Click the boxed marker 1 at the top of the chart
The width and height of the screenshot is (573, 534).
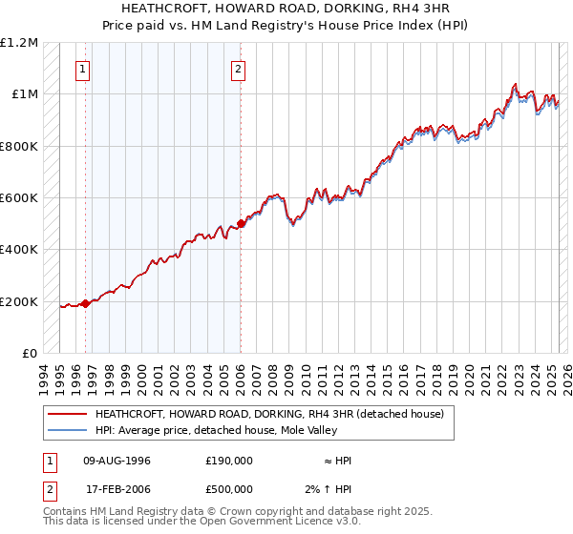[x=85, y=69]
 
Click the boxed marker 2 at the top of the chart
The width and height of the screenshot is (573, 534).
[x=238, y=69]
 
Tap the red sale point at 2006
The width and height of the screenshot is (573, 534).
[x=241, y=223]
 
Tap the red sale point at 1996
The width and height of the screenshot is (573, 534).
[x=85, y=304]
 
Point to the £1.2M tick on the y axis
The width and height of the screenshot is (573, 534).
[x=19, y=43]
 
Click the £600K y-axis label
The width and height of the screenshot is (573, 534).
[x=19, y=198]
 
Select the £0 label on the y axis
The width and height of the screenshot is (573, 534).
[x=31, y=354]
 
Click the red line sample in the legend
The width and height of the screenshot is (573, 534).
[x=67, y=415]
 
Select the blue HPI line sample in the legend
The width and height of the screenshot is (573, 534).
[x=67, y=431]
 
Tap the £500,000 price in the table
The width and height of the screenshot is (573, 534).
[x=229, y=489]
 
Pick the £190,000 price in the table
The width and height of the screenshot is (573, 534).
[x=229, y=461]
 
